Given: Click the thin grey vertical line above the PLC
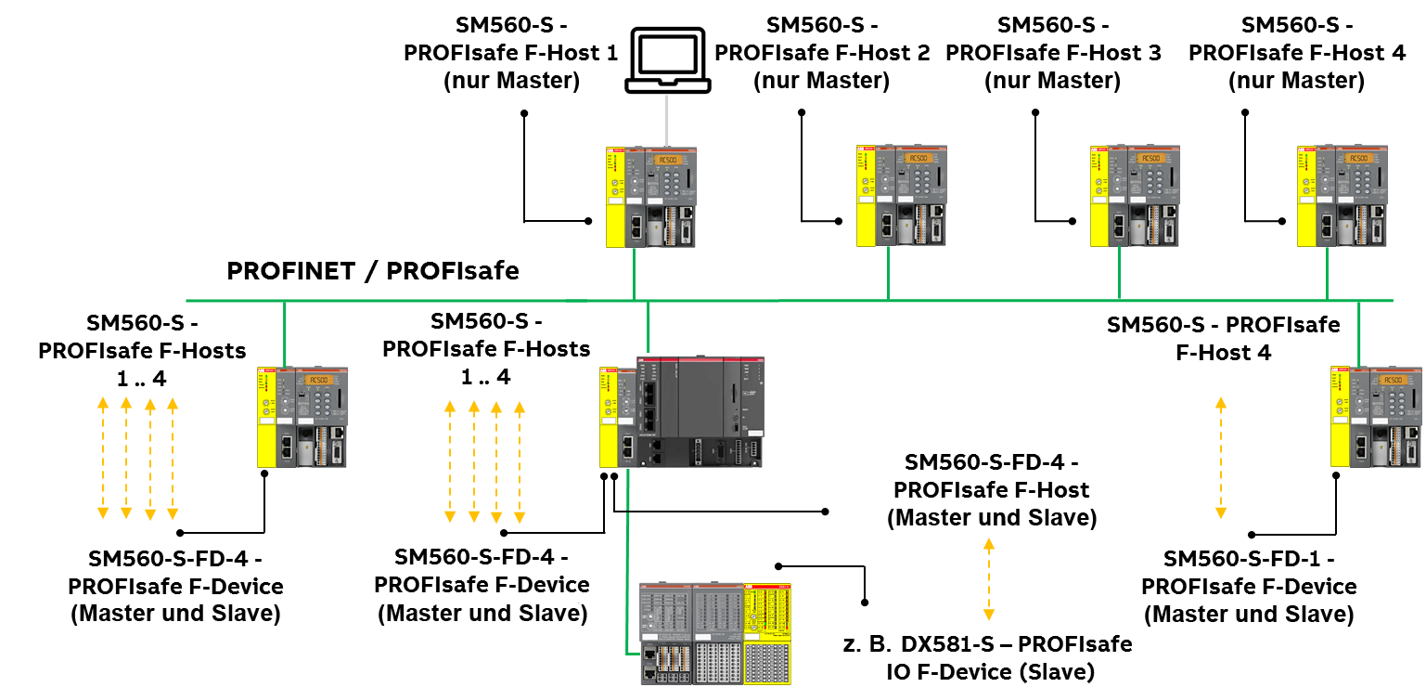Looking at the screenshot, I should pos(666,120).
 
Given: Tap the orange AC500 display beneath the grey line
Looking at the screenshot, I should pos(667,160).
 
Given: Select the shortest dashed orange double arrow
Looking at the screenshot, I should pos(989,578).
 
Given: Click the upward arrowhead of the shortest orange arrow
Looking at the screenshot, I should pos(989,543).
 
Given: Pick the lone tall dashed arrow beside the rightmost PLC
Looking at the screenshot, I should pos(1221,458).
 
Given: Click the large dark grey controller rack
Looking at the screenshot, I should pos(700,411).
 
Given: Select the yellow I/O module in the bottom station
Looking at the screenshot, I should pos(767,633).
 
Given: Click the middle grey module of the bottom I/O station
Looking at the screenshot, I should pos(719,633).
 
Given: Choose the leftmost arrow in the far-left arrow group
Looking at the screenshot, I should pos(103,458).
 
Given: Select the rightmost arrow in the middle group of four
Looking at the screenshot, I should pos(520,461).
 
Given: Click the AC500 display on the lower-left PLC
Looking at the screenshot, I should pos(319,380).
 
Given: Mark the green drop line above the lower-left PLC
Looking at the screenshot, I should pos(285,333).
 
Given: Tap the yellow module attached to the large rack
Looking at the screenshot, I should pos(609,418).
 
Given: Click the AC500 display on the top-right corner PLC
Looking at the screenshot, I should pos(1359,158).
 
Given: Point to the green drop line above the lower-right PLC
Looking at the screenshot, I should pos(1359,333).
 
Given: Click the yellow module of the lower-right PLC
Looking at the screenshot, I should pos(1340,417).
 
